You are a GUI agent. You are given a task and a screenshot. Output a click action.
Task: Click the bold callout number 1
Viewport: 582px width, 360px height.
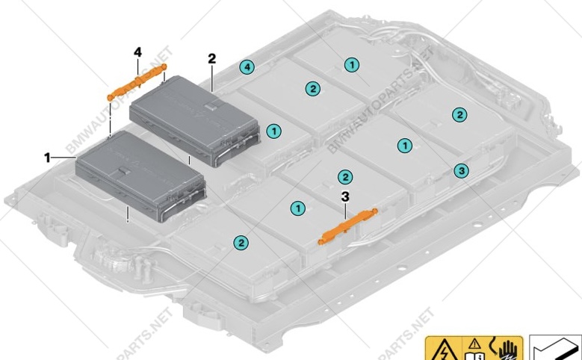[x=47, y=158]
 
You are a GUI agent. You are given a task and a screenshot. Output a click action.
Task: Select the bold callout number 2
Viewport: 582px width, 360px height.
[x=212, y=58]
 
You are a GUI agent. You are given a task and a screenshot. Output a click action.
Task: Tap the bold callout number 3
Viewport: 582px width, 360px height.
[x=344, y=196]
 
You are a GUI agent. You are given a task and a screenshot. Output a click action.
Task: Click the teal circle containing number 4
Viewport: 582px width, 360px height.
[x=247, y=67]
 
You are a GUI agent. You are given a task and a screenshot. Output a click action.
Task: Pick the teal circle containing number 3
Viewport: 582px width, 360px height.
[x=462, y=171]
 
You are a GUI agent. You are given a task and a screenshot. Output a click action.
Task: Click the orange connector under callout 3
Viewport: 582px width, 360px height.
[x=348, y=226]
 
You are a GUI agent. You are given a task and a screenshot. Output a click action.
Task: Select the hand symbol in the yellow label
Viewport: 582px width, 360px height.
[x=507, y=350]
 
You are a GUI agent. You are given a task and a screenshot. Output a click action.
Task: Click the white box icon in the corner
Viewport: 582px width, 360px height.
[x=556, y=349]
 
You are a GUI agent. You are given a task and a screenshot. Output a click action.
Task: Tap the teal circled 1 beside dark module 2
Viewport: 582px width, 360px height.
[x=275, y=131]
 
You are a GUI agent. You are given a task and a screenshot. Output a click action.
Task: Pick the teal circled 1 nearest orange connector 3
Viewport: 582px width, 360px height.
[x=298, y=208]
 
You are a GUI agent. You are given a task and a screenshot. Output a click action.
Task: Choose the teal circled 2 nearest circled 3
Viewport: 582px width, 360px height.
[x=459, y=114]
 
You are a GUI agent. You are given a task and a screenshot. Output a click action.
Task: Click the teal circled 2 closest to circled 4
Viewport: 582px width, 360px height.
[x=312, y=89]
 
